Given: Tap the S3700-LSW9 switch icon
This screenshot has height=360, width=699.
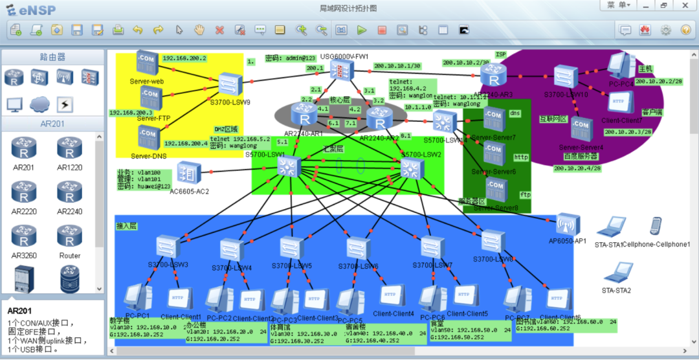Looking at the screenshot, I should tap(230, 84).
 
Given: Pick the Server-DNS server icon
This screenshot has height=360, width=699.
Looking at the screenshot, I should tap(148, 138).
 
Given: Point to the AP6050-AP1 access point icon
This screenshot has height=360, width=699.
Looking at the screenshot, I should tap(568, 225).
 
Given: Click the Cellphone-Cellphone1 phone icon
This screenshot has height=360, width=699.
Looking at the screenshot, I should tap(656, 227).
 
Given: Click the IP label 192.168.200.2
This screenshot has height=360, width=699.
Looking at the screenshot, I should tap(184, 58).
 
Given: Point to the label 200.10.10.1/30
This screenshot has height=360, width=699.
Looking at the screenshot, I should tap(397, 65).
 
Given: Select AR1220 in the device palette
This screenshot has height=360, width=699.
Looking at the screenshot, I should tap(70, 150).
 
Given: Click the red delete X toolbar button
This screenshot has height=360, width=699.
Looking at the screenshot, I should tap(219, 30).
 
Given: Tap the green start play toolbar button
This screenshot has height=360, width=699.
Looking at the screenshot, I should tap(362, 30).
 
